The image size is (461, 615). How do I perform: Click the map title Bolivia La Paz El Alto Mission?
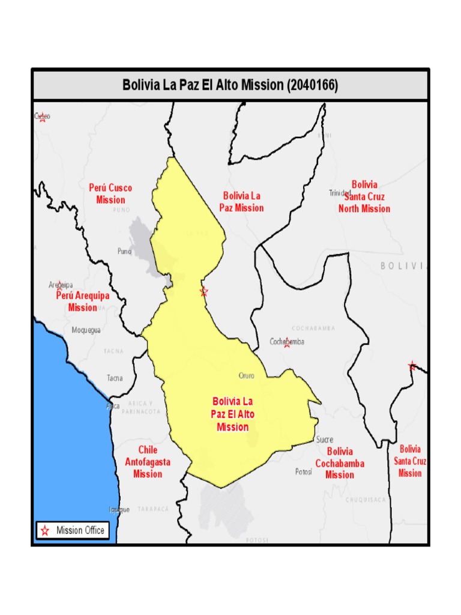(230, 85)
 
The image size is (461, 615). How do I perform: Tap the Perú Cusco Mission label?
(110, 193)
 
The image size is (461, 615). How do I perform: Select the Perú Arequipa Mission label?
(83, 301)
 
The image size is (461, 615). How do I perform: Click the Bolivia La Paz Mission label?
(241, 202)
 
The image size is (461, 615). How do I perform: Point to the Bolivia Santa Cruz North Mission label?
(364, 196)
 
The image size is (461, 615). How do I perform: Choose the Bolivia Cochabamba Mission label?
(340, 463)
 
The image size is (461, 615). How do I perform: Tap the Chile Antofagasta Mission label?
(148, 462)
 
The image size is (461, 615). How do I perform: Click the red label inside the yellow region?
(233, 414)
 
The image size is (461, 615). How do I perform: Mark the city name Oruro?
(247, 375)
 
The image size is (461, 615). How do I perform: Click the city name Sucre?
(325, 440)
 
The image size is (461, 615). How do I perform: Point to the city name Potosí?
(304, 471)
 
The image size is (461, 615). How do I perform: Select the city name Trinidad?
(340, 193)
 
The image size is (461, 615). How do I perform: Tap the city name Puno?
(124, 252)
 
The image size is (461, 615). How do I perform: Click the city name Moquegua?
(86, 330)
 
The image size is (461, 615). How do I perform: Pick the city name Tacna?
(115, 378)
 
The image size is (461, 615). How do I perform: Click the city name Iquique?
(119, 509)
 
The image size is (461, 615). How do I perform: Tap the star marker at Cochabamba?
(287, 344)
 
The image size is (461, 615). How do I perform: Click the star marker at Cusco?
(43, 118)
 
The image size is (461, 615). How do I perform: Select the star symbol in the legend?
(45, 530)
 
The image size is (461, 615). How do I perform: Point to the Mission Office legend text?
(80, 530)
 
